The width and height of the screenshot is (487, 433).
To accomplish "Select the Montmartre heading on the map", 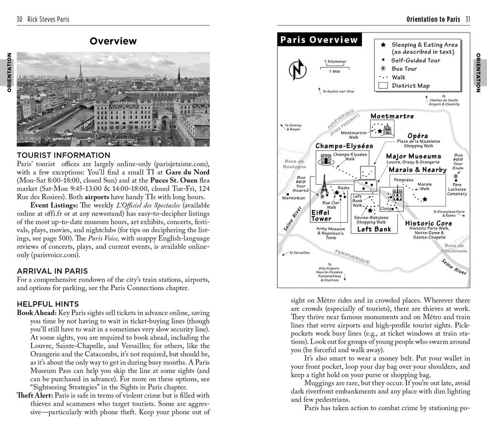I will pos(392,116).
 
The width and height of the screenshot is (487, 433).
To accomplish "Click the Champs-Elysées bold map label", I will pos(344,146).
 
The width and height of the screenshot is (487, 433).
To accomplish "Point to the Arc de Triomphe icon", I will pos(326,159).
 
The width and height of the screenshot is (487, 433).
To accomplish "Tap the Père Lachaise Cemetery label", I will pos(456,189).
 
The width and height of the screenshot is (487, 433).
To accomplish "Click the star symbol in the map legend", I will pos(383,44).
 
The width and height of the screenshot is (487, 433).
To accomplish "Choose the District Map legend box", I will pos(383,86).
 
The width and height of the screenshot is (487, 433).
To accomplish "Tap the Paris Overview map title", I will pos(319,40).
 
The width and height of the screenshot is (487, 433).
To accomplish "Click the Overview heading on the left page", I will pos(113,42).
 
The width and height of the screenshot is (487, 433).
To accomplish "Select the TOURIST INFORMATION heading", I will pos(64,155).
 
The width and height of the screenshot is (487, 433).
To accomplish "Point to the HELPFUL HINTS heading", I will pos(48,304).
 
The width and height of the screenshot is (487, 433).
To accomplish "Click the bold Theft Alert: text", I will pos(35,395).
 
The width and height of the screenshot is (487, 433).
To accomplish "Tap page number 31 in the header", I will pos(467,20).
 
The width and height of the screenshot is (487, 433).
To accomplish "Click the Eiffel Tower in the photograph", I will pos(80,72).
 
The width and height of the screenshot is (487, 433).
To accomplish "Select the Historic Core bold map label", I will pos(428,223).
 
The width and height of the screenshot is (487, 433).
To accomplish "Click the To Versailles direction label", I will pos(299,253).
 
